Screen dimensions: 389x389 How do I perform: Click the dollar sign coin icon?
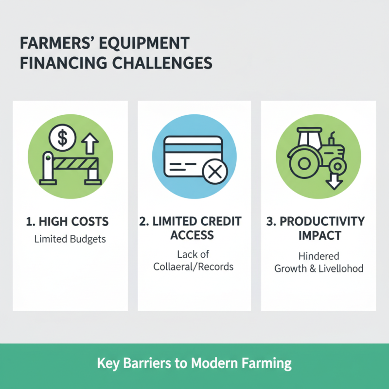63,138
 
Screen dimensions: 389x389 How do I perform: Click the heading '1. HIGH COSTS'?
67,222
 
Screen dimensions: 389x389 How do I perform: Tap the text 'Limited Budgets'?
70,239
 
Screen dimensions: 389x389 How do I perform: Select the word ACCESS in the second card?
194,235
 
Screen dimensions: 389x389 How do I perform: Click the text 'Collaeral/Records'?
194,267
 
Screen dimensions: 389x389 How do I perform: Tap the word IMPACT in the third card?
318,235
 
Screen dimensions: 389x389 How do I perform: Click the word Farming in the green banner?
269,363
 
